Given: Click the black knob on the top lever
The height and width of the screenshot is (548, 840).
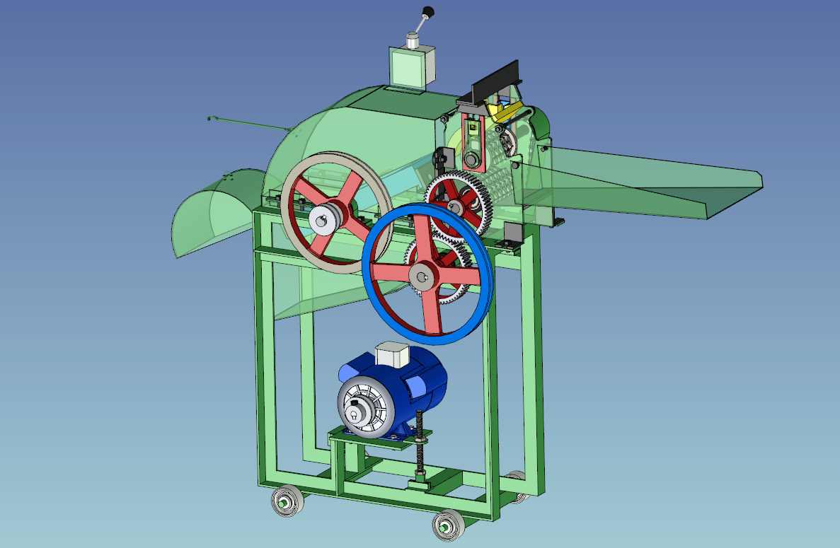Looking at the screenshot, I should tap(427, 11).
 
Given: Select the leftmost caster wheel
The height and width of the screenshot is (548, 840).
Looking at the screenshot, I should tap(287, 503).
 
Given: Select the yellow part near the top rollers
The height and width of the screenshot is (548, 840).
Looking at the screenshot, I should tap(505, 111).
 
